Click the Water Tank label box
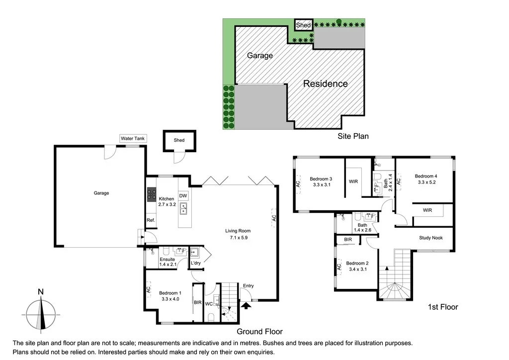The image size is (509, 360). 133,138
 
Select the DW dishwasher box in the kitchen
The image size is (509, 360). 183,196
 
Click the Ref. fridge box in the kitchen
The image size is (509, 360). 151,220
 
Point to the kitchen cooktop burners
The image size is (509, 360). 151,194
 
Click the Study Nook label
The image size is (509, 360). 430,238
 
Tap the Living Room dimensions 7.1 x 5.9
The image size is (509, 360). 238,238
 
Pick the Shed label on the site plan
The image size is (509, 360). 303,25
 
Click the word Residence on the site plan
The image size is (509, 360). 326,84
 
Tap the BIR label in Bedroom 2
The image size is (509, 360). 348,240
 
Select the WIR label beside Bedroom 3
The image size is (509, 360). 354,181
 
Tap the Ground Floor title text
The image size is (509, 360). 259,332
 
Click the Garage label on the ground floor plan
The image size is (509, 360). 101,193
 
